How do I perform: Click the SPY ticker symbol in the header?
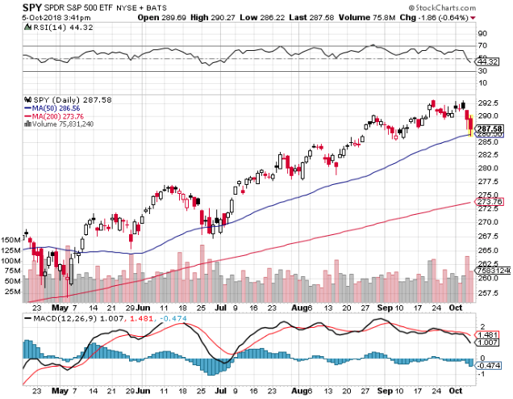click(x=11, y=6)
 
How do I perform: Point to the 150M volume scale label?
click(x=12, y=240)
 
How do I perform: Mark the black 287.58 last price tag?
click(x=490, y=128)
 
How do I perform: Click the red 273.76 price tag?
click(x=490, y=201)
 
